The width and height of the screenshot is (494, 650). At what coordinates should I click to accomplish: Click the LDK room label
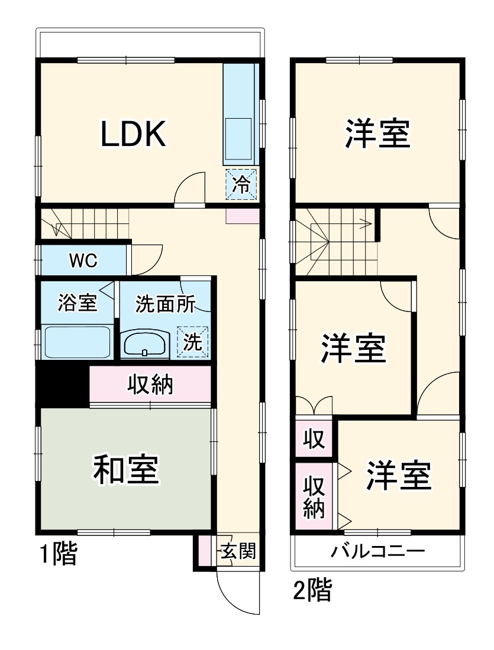[133, 134]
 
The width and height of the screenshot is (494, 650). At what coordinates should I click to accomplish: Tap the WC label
[83, 260]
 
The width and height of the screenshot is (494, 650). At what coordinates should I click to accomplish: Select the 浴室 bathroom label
[77, 303]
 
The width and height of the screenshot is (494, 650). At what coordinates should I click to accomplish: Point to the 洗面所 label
[165, 303]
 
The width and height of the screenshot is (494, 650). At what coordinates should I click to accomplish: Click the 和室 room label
[126, 470]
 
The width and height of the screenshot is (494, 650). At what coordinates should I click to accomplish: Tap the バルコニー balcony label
[377, 552]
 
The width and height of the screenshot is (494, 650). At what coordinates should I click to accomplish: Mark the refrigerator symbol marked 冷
[241, 184]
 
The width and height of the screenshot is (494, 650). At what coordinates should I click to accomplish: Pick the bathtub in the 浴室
[78, 342]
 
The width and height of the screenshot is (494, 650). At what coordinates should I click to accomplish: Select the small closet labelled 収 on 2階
[314, 438]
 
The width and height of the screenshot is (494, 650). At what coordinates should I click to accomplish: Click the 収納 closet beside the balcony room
[314, 496]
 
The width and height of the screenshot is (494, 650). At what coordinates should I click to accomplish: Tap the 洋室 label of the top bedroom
[377, 134]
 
